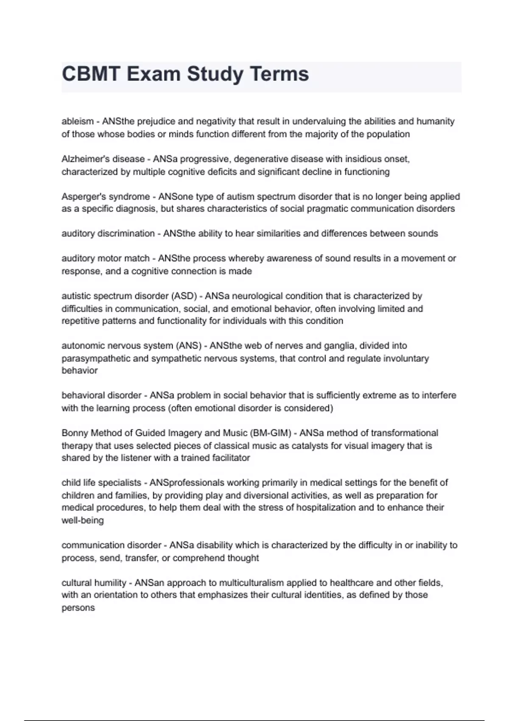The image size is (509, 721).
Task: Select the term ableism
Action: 78,121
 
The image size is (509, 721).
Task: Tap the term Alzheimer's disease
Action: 103,159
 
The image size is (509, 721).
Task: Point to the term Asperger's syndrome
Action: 106,197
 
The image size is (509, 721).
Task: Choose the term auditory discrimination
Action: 108,234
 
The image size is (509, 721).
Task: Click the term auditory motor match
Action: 106,258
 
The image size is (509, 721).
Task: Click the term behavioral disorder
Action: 101,395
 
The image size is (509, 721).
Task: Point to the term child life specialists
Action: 101,483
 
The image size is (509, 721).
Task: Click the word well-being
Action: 83,520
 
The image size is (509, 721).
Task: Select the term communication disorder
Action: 112,545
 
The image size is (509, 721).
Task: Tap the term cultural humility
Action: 94,583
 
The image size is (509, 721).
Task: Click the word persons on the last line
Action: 78,608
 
